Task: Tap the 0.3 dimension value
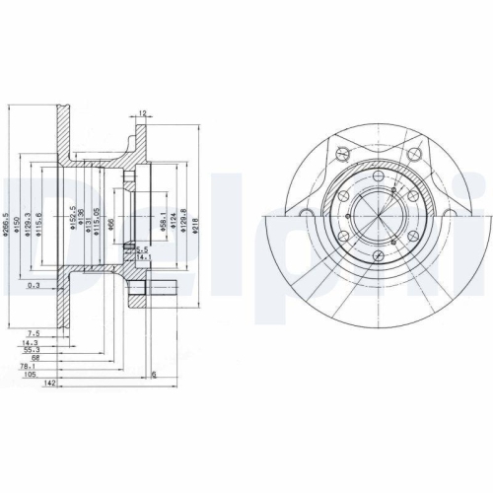35,285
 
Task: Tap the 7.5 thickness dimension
33,333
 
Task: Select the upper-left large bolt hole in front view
339,154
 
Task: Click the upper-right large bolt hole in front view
413,154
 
